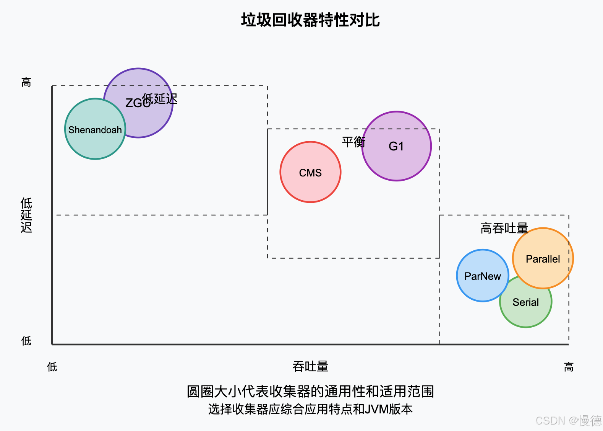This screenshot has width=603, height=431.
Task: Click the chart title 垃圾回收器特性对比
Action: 310,20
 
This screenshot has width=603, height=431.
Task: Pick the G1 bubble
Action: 397,153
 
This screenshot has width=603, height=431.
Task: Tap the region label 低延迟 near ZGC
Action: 160,99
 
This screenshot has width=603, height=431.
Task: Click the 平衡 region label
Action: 353,142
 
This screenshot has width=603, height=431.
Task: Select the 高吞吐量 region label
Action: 504,229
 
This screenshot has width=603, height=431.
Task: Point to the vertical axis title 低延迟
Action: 26,215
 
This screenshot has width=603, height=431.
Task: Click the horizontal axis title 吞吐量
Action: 310,367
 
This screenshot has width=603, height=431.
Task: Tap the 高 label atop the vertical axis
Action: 26,82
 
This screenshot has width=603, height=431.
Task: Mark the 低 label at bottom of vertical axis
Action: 26,341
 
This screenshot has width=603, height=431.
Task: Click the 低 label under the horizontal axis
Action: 52,367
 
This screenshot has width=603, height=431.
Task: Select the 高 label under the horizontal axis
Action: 569,367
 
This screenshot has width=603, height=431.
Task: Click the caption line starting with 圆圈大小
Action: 310,392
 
